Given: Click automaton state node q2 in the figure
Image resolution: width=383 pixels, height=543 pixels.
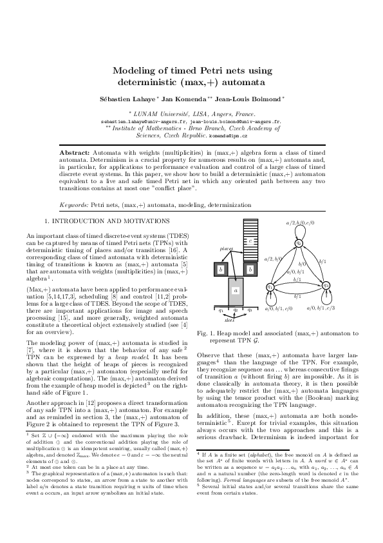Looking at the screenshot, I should tap(299, 242).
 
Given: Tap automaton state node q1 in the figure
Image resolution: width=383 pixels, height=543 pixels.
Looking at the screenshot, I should tap(270, 286).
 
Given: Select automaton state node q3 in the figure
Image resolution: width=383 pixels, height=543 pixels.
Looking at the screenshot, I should tap(326, 284).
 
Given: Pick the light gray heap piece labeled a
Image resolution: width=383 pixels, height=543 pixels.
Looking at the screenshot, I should tap(236, 290).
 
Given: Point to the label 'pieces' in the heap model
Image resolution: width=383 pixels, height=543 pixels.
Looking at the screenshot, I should tap(227, 248).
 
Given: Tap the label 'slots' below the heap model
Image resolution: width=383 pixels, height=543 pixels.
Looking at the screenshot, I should tap(229, 319).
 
